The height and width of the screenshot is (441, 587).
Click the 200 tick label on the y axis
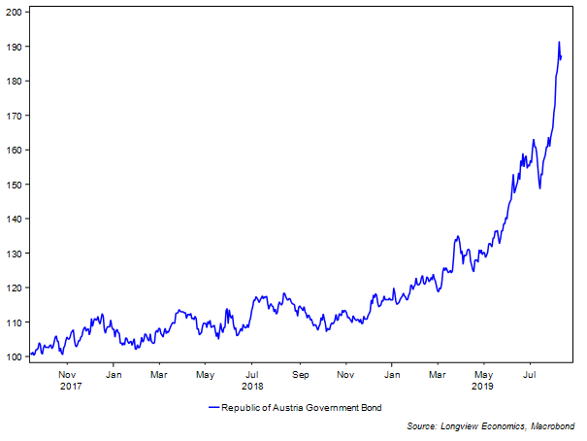pyautogui.click(x=15, y=12)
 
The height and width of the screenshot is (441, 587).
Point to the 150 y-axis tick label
pyautogui.click(x=15, y=185)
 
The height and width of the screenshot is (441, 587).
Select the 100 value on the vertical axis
pyautogui.click(x=15, y=356)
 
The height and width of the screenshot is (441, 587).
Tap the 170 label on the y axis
pyautogui.click(x=15, y=116)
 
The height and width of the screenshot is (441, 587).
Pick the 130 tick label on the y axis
pyautogui.click(x=15, y=254)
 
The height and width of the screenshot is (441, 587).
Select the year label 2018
pyautogui.click(x=253, y=386)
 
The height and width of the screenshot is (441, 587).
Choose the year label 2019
pyautogui.click(x=483, y=386)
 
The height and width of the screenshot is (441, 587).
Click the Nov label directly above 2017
pyautogui.click(x=67, y=374)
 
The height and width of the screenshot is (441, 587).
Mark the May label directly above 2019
pyautogui.click(x=483, y=374)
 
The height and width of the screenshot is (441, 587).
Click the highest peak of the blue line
pyautogui.click(x=559, y=42)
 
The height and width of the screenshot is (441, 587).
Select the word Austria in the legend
pyautogui.click(x=296, y=407)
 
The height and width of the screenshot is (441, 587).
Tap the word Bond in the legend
pyautogui.click(x=381, y=407)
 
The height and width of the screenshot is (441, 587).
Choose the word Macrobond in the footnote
pyautogui.click(x=555, y=425)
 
